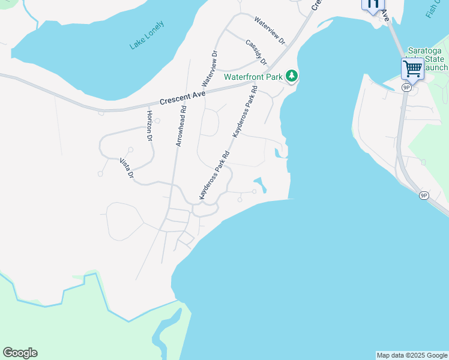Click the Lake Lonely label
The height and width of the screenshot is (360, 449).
pos(147,36)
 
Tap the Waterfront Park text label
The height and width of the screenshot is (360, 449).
pos(253,77)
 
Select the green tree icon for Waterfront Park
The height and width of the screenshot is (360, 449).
pos(292,76)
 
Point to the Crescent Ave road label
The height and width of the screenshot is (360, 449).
pos(183,96)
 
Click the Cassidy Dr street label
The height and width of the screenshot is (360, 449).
pos(256,52)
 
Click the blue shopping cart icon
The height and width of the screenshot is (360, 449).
pos(412,69)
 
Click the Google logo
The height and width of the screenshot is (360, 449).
pos(20,353)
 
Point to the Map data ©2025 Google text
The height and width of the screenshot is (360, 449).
pos(412,355)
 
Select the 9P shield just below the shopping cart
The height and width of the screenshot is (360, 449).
pos(407,88)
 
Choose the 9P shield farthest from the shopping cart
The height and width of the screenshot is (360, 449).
pos(424,196)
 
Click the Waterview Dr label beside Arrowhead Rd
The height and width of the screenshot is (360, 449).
pos(210,69)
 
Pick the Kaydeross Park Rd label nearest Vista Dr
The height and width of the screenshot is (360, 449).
pos(214,175)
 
